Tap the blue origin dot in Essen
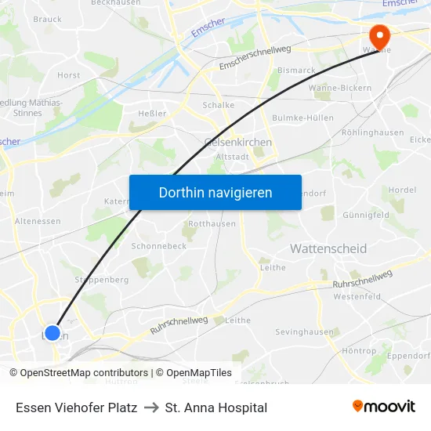pyautogui.click(x=53, y=333)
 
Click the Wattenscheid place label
pyautogui.click(x=328, y=248)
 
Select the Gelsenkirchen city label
pyautogui.click(x=237, y=142)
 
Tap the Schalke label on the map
pyautogui.click(x=219, y=105)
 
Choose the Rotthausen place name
pyautogui.click(x=212, y=223)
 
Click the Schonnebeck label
pyautogui.click(x=159, y=245)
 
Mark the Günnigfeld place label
pyautogui.click(x=365, y=215)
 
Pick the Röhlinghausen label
pyautogui.click(x=372, y=132)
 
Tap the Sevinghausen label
pyautogui.click(x=304, y=332)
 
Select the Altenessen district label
pyautogui.click(x=38, y=221)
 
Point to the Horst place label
pyautogui.click(x=68, y=75)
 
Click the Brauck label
pyautogui.click(x=48, y=19)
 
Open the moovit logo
pyautogui.click(x=383, y=406)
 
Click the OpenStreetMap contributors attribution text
pyautogui.click(x=78, y=373)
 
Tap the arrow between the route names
pyautogui.click(x=151, y=407)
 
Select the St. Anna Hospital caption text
pyautogui.click(x=216, y=407)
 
